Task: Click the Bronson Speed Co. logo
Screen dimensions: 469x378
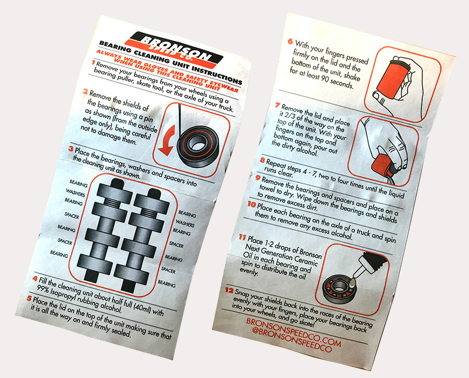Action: click(175, 49)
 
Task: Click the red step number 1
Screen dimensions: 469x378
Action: click(94, 62)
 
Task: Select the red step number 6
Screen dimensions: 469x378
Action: click(290, 41)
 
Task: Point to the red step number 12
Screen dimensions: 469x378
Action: click(229, 290)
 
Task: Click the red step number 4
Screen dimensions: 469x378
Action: click(35, 279)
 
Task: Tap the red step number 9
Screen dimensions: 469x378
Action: click(258, 178)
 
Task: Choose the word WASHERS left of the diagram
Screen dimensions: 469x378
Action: click(76, 193)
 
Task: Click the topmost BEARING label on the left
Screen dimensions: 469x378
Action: click(79, 183)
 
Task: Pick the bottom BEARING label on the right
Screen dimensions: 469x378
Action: click(167, 283)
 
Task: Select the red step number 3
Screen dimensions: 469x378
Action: click(70, 148)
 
